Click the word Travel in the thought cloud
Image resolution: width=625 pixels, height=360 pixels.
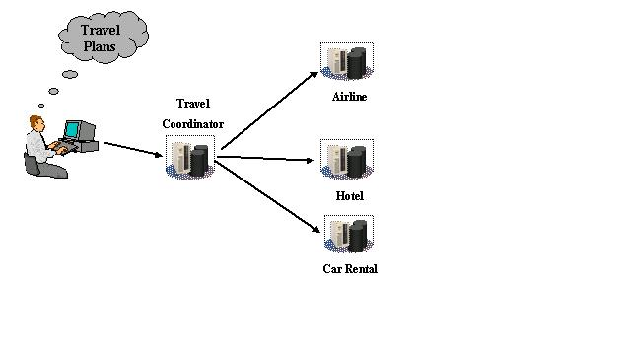coord(101,30)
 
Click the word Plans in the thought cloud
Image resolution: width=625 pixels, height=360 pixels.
coord(100,46)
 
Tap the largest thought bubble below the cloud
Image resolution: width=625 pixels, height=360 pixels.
coord(70,75)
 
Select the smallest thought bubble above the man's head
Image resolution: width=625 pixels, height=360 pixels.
coord(41,106)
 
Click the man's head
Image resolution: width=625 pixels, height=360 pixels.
coord(36,122)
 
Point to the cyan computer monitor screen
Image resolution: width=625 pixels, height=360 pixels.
coord(72,130)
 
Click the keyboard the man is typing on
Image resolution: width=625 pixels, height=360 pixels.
coord(65,147)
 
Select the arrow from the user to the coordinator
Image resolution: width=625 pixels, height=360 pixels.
coord(133,149)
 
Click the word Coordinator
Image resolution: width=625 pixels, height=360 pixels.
coord(193,124)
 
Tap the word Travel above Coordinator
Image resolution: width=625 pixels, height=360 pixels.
coord(193,104)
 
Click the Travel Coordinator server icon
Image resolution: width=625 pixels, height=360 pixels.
coord(190,157)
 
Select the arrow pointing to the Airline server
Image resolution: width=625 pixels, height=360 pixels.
coord(270,110)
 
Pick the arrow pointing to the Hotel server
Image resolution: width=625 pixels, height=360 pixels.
coord(265,159)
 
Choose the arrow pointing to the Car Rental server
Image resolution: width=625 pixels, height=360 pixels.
coord(267,196)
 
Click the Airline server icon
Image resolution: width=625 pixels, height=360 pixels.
coord(347,61)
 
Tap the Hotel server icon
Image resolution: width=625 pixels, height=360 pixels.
coord(347,159)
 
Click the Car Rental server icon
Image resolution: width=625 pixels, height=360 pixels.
coord(349,234)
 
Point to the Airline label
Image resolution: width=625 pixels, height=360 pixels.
coord(350,97)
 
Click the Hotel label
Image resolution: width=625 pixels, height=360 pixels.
coord(350,196)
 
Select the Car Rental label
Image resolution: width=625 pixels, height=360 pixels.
coord(350,269)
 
